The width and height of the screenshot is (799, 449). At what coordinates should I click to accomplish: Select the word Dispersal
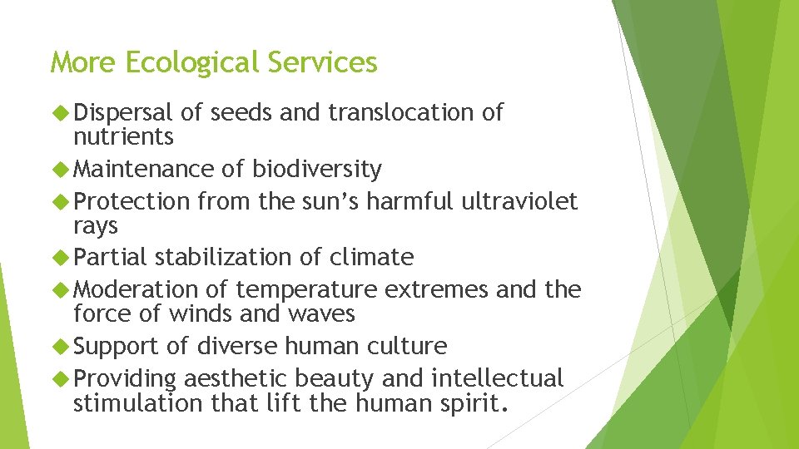(123, 113)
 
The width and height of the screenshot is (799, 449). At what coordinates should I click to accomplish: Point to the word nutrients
(123, 136)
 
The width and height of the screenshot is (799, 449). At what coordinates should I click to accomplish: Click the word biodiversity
(317, 170)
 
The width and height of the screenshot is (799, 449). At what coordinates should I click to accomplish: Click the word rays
(96, 225)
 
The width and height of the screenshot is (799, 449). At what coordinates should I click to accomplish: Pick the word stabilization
(225, 258)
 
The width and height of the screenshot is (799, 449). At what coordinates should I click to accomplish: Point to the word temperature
(306, 290)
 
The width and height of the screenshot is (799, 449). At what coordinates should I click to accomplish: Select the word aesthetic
(234, 378)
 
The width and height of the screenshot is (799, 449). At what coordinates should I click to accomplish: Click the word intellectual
(497, 378)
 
